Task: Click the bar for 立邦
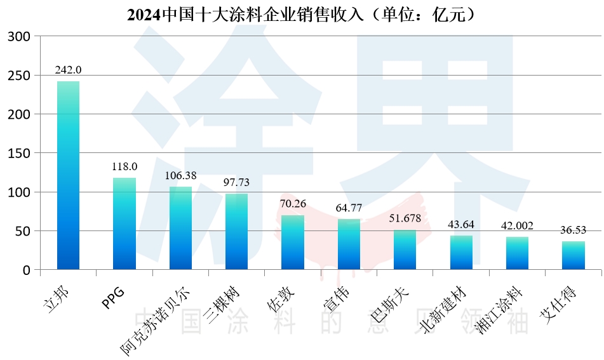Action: (68, 175)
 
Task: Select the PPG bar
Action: (124, 223)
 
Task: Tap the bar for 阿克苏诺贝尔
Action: (180, 228)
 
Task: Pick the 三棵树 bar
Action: (236, 232)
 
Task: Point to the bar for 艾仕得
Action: (573, 255)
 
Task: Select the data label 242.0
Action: (68, 70)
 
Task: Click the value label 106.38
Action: (180, 175)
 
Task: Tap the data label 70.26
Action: (293, 204)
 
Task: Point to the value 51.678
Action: (405, 218)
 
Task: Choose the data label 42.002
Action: (517, 225)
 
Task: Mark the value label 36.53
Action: (573, 230)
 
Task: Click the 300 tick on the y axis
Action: (19, 37)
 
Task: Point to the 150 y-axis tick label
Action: (19, 154)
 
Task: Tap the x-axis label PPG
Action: (113, 297)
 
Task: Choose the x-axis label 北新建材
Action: (438, 310)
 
